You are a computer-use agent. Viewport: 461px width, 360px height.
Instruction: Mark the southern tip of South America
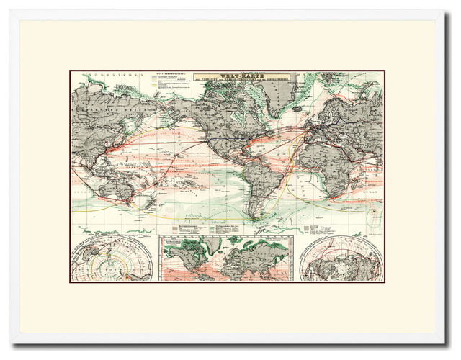pyautogui.click(x=251, y=216)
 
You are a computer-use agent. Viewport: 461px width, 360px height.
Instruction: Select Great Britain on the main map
pyautogui.click(x=308, y=122)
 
